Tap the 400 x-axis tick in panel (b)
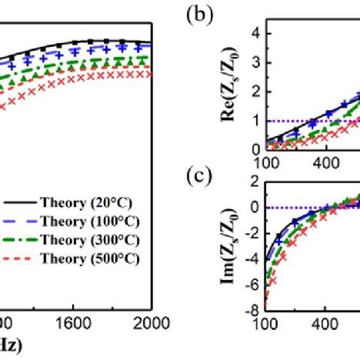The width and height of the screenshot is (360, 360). pyautogui.click(x=325, y=162)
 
